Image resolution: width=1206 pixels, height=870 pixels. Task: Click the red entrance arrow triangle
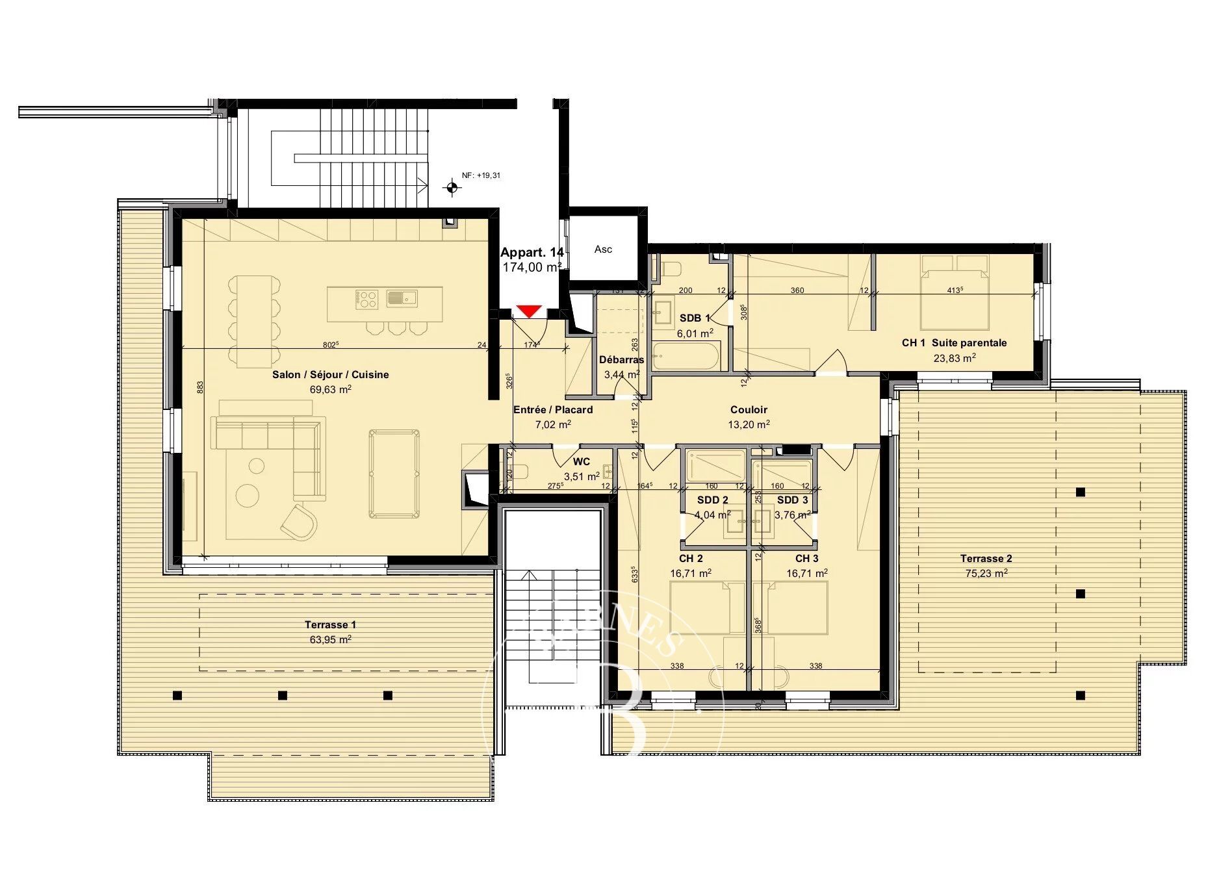pyautogui.click(x=530, y=311)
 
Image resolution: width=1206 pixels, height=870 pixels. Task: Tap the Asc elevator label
pyautogui.click(x=603, y=249)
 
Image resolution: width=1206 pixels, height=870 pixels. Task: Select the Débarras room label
pyautogui.click(x=621, y=359)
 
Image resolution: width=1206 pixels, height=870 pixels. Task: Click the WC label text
pyautogui.click(x=581, y=461)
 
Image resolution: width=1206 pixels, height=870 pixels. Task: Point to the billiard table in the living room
pyautogui.click(x=394, y=474)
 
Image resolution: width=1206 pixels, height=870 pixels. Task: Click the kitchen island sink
pyautogui.click(x=402, y=298)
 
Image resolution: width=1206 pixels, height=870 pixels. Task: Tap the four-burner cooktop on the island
pyautogui.click(x=366, y=299)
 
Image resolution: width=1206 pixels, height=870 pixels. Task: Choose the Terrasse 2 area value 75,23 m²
pyautogui.click(x=986, y=573)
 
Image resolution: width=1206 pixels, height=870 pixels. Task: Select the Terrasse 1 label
pyautogui.click(x=330, y=624)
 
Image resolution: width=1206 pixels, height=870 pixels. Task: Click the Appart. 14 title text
pyautogui.click(x=532, y=253)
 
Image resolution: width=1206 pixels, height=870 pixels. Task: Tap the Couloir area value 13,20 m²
pyautogui.click(x=749, y=424)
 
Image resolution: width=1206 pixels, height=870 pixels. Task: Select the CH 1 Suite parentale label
pyautogui.click(x=954, y=342)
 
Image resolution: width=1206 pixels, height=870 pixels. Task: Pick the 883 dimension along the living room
pyautogui.click(x=200, y=387)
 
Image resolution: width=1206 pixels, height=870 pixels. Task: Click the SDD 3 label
pyautogui.click(x=792, y=500)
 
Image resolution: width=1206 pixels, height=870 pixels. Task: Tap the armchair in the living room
pyautogui.click(x=300, y=521)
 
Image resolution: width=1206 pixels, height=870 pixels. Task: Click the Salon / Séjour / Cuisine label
pyautogui.click(x=330, y=374)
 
